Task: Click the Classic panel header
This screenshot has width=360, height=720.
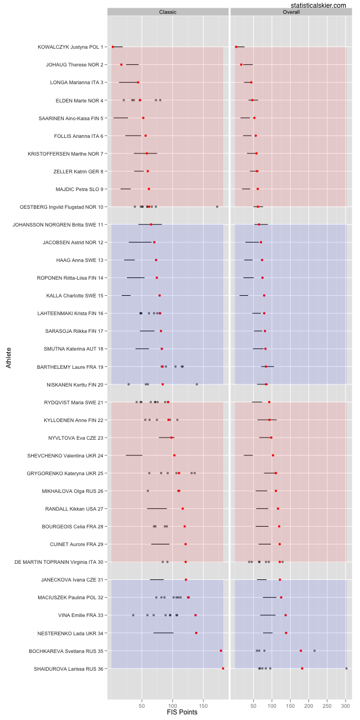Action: [168, 12]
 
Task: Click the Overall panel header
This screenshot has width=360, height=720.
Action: [291, 12]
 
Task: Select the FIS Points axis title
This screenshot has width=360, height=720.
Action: [182, 712]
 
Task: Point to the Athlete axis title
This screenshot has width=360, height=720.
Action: [8, 357]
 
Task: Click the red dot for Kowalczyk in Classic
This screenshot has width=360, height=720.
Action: [113, 47]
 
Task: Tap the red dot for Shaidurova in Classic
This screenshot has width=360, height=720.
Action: [223, 668]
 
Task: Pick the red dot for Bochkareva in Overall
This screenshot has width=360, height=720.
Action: [301, 651]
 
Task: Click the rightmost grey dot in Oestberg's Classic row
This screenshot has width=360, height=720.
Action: [217, 207]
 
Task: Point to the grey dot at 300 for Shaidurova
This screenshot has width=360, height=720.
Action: [347, 668]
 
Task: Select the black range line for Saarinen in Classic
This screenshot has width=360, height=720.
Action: [121, 118]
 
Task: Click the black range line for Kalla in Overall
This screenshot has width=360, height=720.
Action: [244, 295]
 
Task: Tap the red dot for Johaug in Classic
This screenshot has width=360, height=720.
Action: [121, 65]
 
